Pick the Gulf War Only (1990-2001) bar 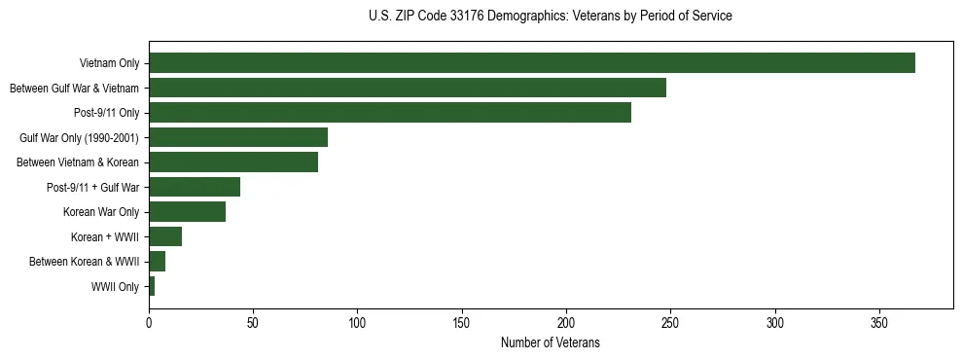[237, 137]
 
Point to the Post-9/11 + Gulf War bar [194, 187]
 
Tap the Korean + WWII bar [164, 236]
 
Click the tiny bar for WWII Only [152, 286]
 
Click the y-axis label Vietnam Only [110, 64]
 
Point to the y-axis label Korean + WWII [105, 237]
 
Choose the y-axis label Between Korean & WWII [84, 262]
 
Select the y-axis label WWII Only [115, 287]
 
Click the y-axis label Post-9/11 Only [106, 114]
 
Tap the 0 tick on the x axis [149, 322]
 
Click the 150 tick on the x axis [462, 322]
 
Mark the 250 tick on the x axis [670, 322]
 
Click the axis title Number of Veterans [550, 343]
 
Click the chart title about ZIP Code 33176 [550, 17]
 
